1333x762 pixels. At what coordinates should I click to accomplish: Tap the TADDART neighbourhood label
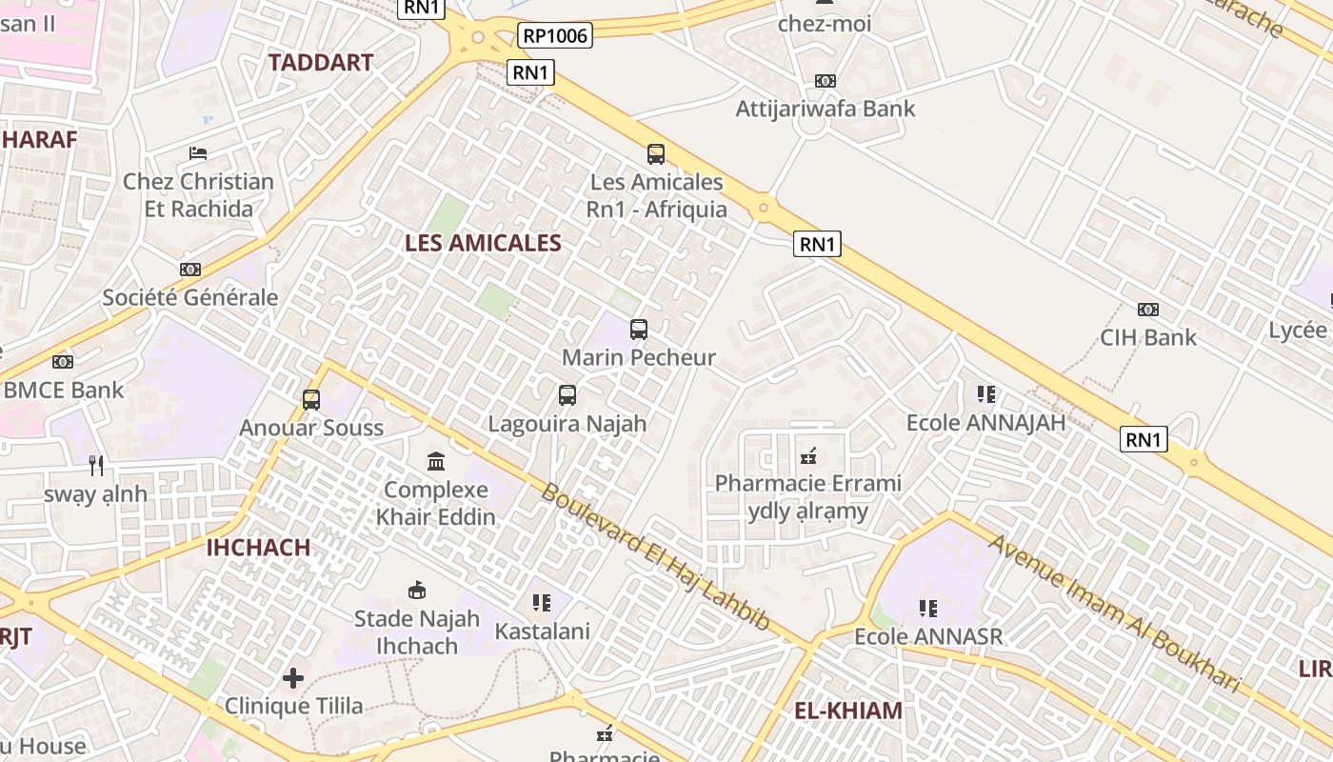click(x=320, y=63)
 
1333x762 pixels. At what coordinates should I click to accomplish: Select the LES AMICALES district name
click(x=483, y=243)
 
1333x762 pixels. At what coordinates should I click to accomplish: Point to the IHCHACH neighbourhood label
click(x=258, y=548)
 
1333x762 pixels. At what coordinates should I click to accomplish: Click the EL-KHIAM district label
click(x=848, y=711)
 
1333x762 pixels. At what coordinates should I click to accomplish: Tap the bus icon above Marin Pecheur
click(x=639, y=330)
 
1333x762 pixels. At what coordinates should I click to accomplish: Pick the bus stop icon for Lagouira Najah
click(x=567, y=394)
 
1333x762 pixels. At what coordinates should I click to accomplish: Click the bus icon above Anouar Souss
click(x=311, y=400)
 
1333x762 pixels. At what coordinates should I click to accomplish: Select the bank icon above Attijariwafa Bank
click(x=826, y=81)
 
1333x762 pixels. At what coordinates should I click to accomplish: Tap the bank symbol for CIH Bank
click(x=1148, y=310)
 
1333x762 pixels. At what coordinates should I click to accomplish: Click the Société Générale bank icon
click(x=190, y=270)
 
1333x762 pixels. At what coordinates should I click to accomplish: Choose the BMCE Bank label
click(x=64, y=390)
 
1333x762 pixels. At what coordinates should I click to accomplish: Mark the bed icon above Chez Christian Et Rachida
click(x=198, y=152)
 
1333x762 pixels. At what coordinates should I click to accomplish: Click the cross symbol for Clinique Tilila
click(x=293, y=678)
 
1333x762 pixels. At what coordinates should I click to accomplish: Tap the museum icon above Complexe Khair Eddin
click(x=436, y=462)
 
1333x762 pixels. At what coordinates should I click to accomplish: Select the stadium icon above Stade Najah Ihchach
click(x=417, y=591)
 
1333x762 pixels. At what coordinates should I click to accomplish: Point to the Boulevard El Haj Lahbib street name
click(x=656, y=558)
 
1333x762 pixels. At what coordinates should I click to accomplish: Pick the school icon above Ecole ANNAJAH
click(x=986, y=394)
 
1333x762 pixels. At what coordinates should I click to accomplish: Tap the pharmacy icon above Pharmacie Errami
click(x=808, y=455)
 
